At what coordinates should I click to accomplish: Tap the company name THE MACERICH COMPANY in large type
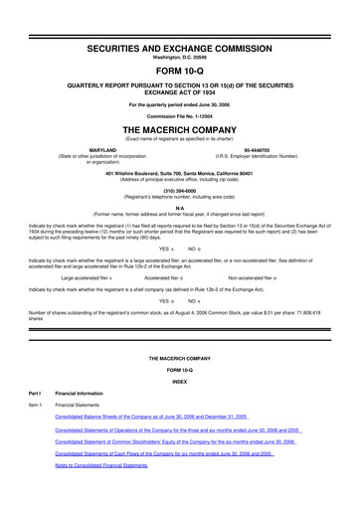pos(180,130)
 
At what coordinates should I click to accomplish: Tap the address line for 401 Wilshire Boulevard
pos(180,176)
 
